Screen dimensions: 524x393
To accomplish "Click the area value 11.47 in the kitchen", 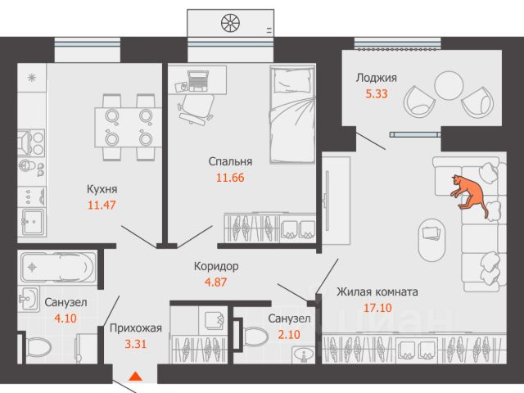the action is tap(101, 205).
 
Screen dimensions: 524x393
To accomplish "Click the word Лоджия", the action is tap(377, 79).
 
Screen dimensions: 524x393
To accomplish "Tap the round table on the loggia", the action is tap(449, 85).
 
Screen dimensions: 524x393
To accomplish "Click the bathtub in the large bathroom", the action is tap(56, 267).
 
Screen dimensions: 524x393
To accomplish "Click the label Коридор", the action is tap(216, 267).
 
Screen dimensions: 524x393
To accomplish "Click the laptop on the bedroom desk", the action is tap(198, 80).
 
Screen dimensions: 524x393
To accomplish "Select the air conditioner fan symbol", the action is tap(230, 21).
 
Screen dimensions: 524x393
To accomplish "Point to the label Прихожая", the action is tap(136, 328).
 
